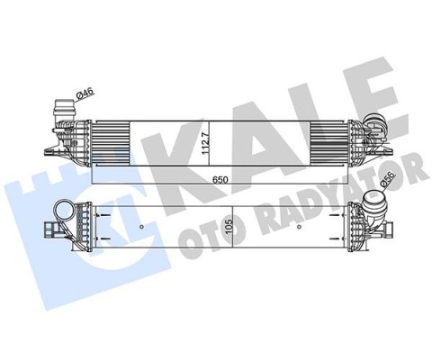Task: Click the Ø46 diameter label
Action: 85,91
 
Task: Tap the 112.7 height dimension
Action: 206,140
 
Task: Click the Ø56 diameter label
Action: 385,186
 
